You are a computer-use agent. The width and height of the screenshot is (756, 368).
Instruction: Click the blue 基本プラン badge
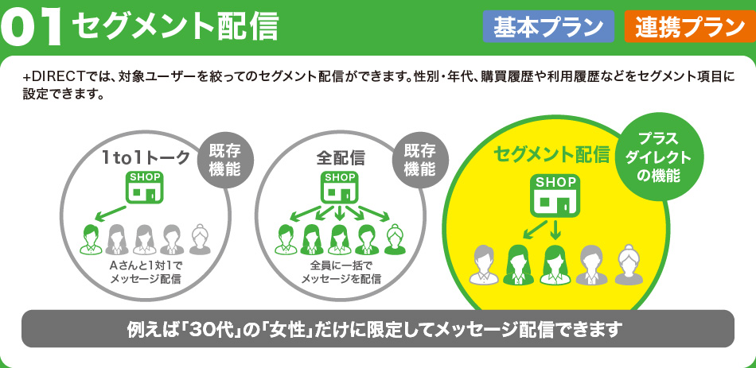click(548, 26)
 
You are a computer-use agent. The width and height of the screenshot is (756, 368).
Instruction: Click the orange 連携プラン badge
click(690, 26)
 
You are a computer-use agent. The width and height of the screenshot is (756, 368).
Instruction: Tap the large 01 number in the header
click(31, 28)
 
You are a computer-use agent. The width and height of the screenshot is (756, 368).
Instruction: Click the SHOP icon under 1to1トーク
click(145, 187)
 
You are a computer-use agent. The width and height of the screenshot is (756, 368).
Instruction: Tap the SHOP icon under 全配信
click(340, 187)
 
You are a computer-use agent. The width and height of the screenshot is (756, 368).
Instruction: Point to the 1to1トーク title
click(146, 157)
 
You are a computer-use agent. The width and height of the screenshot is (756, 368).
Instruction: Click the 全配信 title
click(341, 157)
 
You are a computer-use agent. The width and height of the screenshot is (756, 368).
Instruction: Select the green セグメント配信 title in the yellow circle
click(551, 155)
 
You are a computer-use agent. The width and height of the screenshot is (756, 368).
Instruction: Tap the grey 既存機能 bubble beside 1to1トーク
click(224, 160)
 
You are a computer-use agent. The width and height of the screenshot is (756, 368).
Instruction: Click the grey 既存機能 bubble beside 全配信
click(419, 160)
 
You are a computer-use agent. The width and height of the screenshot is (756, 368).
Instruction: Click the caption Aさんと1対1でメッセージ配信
click(145, 272)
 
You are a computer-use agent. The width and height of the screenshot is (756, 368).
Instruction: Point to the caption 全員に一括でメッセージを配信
click(341, 272)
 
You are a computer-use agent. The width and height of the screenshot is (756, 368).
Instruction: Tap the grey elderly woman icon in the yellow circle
click(629, 264)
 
